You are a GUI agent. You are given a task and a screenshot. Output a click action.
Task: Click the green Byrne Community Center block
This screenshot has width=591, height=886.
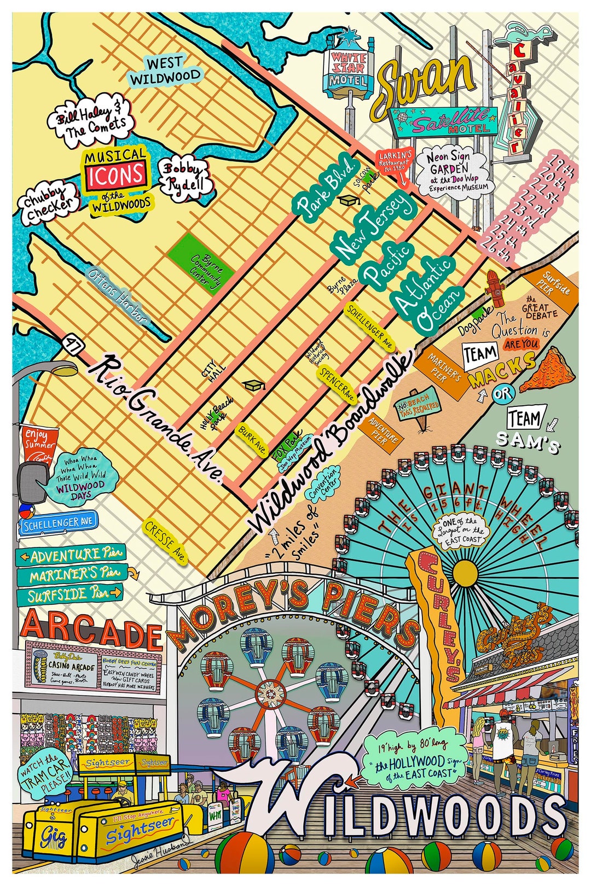pyautogui.click(x=201, y=264)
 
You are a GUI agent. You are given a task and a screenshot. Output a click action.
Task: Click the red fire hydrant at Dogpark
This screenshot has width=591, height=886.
pyautogui.click(x=496, y=288)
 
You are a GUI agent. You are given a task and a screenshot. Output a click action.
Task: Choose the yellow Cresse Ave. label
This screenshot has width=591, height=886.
pyautogui.click(x=166, y=541)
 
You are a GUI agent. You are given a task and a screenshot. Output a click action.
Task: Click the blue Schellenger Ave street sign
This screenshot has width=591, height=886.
pyautogui.click(x=59, y=523)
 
